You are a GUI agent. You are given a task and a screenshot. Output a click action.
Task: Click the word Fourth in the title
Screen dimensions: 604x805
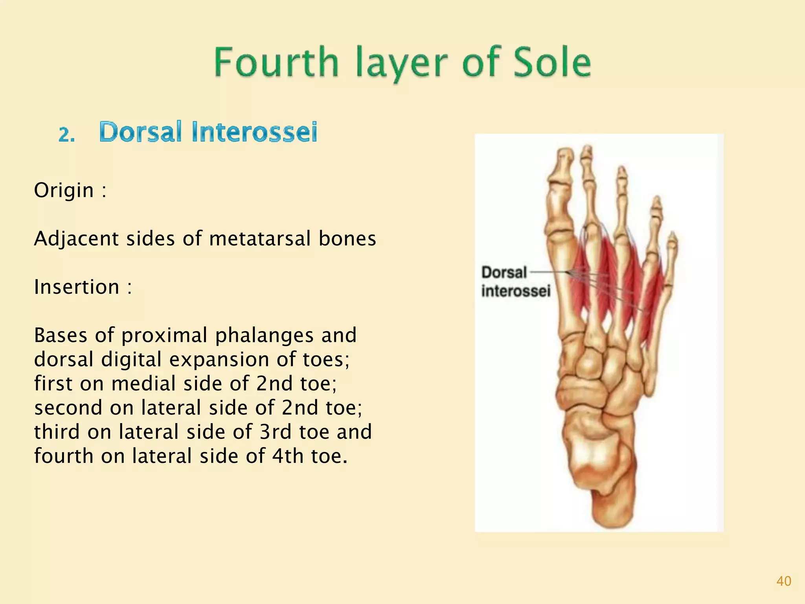coord(276,62)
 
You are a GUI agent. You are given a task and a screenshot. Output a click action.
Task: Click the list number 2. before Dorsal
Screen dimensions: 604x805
coord(67,135)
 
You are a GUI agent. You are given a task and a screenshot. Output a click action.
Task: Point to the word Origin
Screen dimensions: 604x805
coord(64,190)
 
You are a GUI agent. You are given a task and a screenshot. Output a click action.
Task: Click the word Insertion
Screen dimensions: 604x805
coord(77,287)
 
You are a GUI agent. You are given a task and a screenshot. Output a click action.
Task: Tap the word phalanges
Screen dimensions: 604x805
coord(265,335)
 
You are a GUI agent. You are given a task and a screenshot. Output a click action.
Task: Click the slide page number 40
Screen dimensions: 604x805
coord(783,581)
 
